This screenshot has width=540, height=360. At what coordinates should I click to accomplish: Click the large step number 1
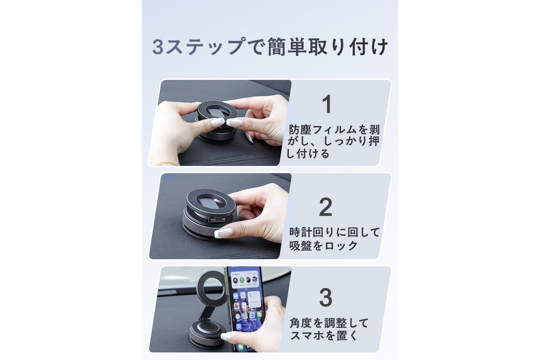(x=327, y=103)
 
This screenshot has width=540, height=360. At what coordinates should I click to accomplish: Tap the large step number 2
(x=325, y=207)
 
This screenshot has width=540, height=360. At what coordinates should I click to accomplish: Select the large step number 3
(x=326, y=297)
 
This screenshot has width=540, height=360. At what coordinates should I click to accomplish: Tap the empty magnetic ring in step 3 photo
(x=211, y=288)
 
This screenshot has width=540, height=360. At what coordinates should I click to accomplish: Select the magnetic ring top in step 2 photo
(x=211, y=202)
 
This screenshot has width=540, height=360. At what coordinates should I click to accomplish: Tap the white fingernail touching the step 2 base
(x=224, y=233)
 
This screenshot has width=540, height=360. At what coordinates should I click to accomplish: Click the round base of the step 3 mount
(x=207, y=334)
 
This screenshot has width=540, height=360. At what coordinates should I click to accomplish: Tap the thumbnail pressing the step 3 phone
(x=226, y=336)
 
